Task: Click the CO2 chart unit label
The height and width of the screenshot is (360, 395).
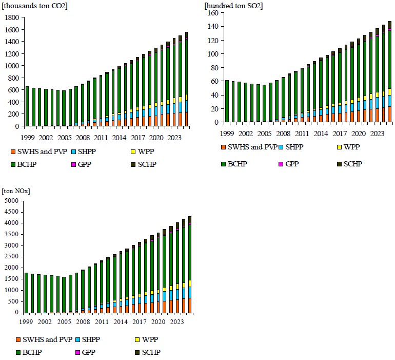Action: pos(35,6)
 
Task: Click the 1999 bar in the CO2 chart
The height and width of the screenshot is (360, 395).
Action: pos(27,106)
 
